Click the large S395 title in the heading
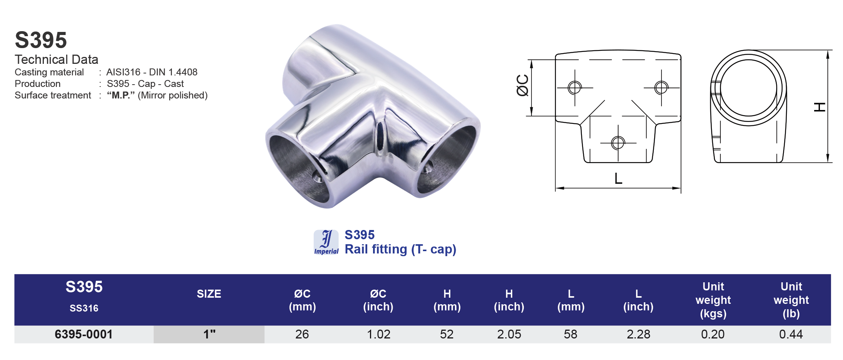pyautogui.click(x=41, y=40)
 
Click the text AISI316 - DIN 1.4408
pyautogui.click(x=152, y=72)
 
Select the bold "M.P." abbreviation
pyautogui.click(x=121, y=95)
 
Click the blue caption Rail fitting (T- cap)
pyautogui.click(x=400, y=249)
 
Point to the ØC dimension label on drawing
pyautogui.click(x=522, y=85)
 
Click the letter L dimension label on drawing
pyautogui.click(x=618, y=178)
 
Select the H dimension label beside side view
pyautogui.click(x=820, y=107)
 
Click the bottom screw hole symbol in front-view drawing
pyautogui.click(x=618, y=143)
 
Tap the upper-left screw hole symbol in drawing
pyautogui.click(x=575, y=88)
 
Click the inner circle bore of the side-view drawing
pyautogui.click(x=748, y=88)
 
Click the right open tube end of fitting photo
pyautogui.click(x=448, y=158)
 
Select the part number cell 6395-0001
pyautogui.click(x=83, y=334)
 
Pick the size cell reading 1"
pyautogui.click(x=209, y=334)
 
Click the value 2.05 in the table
pyautogui.click(x=509, y=334)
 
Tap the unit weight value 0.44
pyautogui.click(x=791, y=334)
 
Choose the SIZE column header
pyautogui.click(x=209, y=294)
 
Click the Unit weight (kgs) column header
pyautogui.click(x=713, y=300)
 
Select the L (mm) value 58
pyautogui.click(x=570, y=334)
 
